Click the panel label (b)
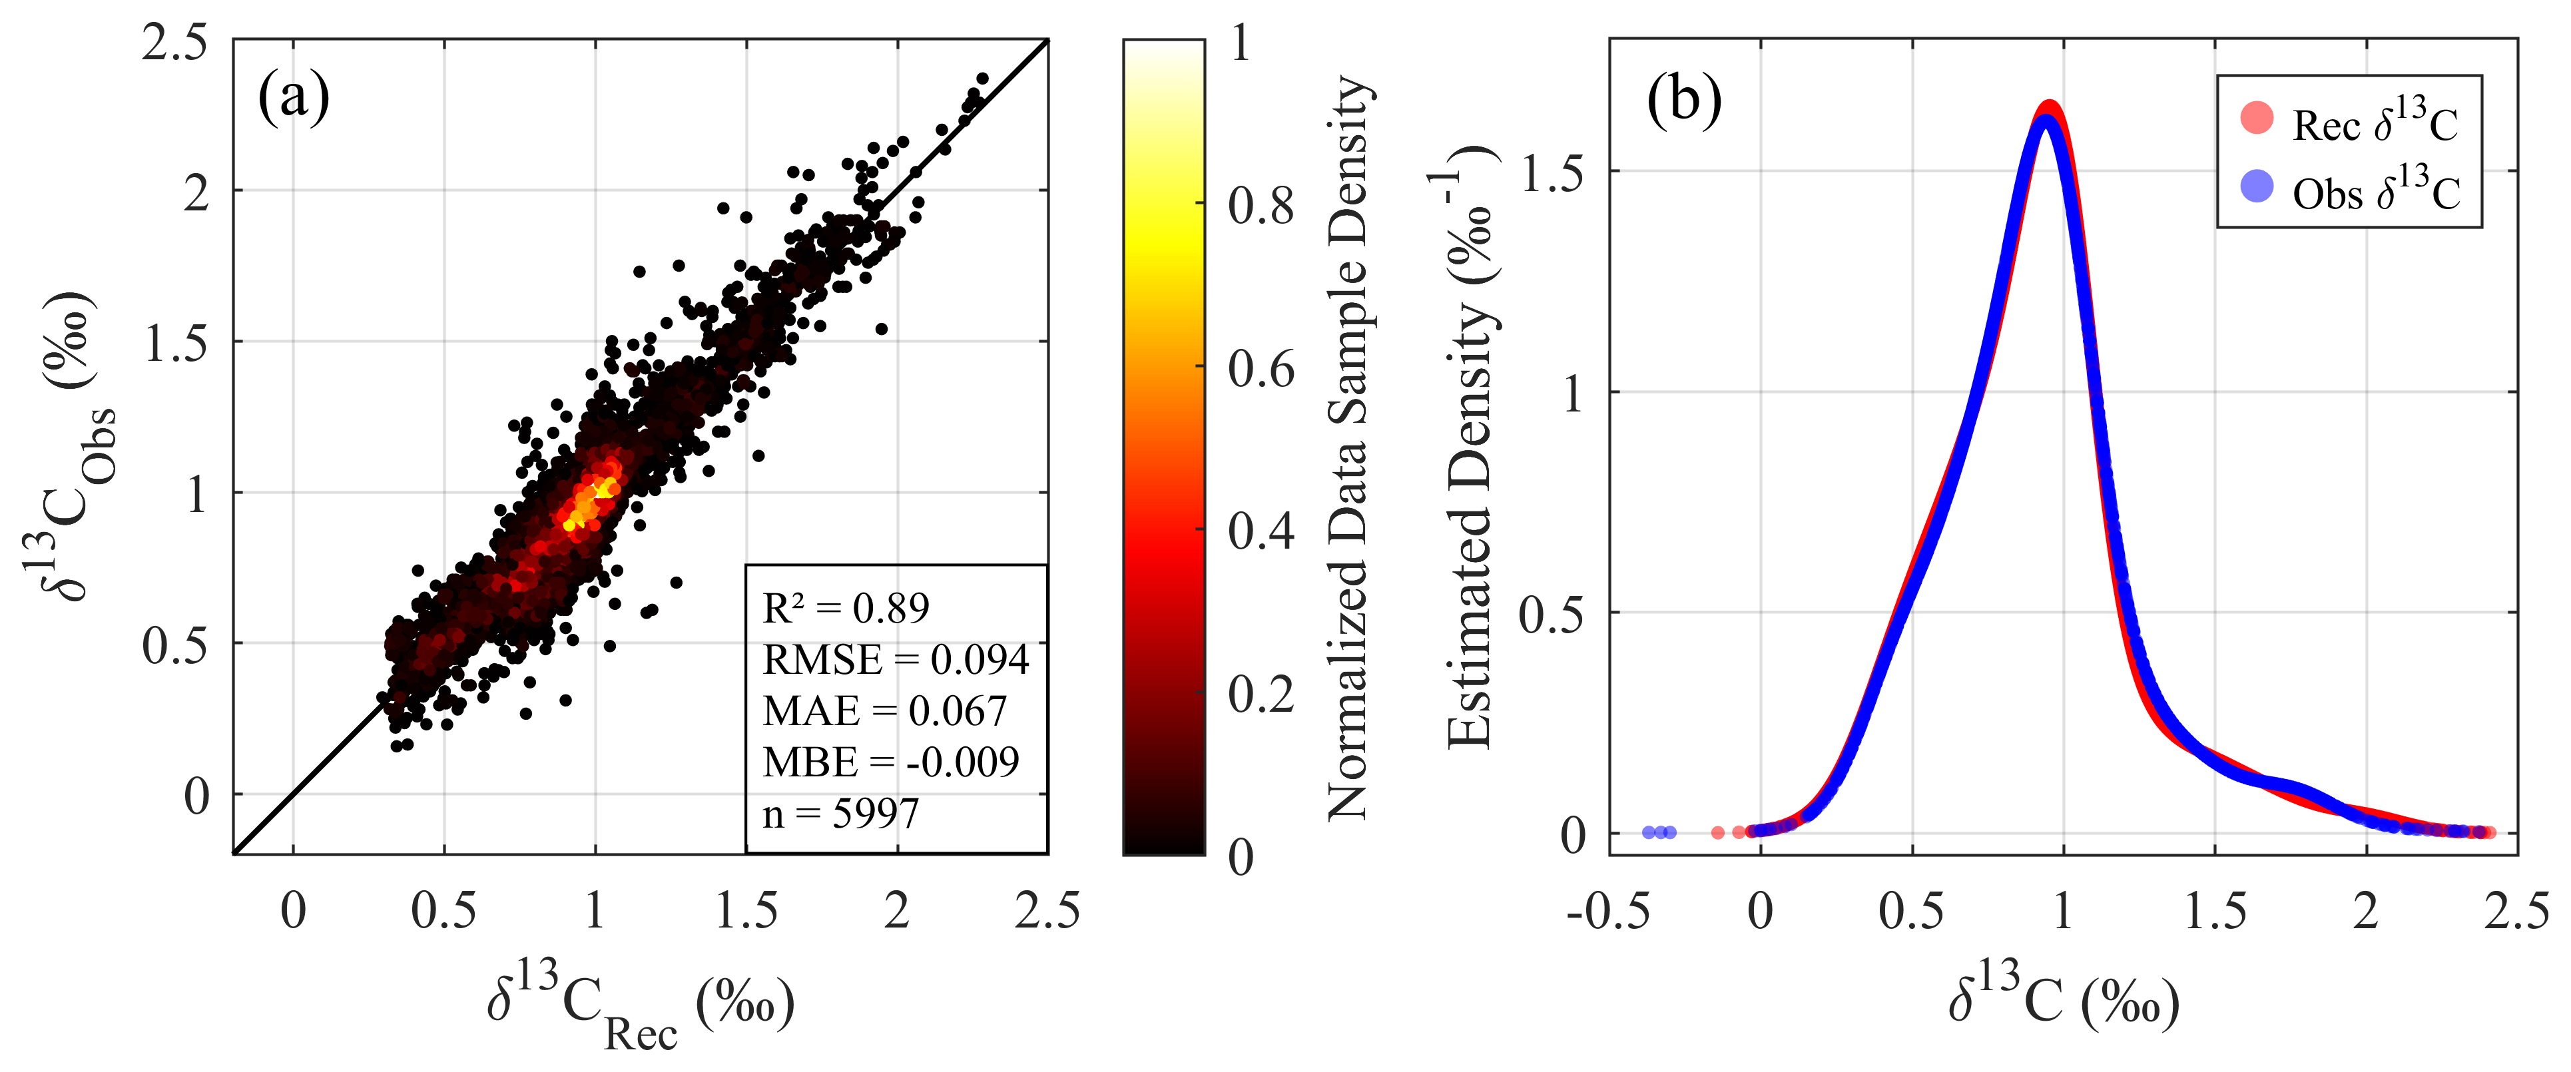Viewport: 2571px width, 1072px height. [x=1684, y=98]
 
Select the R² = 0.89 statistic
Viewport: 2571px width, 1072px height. [x=846, y=608]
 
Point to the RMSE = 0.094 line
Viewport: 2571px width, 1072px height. [x=895, y=660]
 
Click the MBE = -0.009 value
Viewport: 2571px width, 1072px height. [x=890, y=762]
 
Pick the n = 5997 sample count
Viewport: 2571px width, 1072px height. [x=840, y=814]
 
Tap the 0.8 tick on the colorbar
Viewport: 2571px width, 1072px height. [x=1261, y=206]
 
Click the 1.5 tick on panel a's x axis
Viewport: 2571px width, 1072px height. [x=746, y=912]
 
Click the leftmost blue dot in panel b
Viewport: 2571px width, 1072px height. [x=1649, y=832]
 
